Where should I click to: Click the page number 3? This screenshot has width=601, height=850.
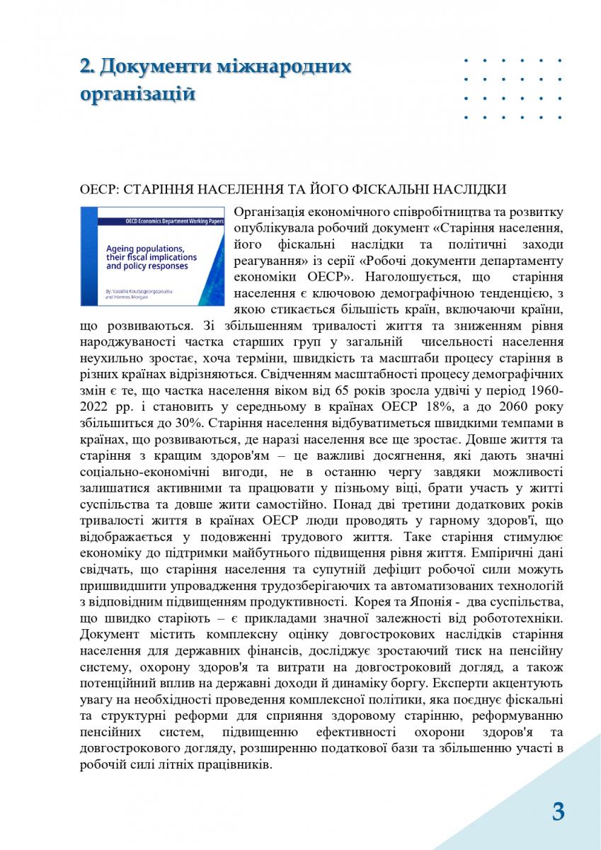(x=558, y=811)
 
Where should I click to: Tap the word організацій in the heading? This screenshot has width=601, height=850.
(x=137, y=93)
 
